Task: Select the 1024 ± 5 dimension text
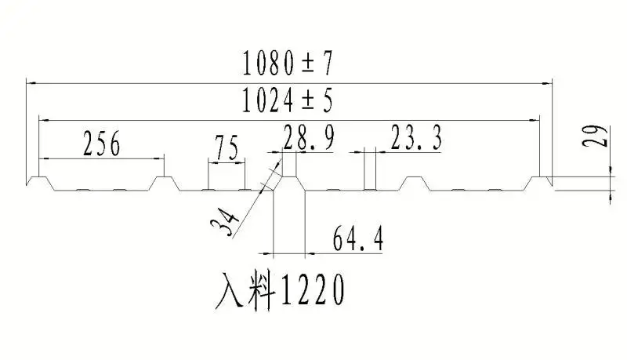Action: click(288, 100)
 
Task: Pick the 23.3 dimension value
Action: click(415, 139)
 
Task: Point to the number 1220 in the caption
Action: click(312, 292)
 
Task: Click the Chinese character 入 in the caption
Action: click(230, 292)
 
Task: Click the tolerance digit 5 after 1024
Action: click(326, 100)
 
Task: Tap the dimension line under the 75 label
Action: click(227, 160)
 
